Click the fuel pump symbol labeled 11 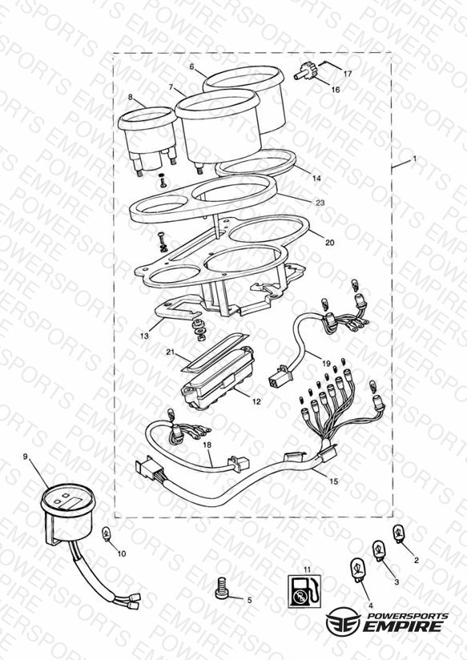tap(304, 591)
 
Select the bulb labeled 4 tap(358, 570)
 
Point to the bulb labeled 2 tap(398, 534)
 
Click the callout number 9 tap(26, 457)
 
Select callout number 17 tap(348, 74)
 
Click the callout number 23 tap(320, 203)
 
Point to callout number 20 tap(330, 243)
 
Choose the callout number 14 tap(316, 179)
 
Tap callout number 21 tap(170, 352)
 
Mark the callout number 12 tap(256, 401)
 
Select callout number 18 tap(207, 445)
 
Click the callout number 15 tap(333, 481)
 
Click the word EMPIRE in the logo tap(404, 626)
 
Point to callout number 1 tap(414, 159)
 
